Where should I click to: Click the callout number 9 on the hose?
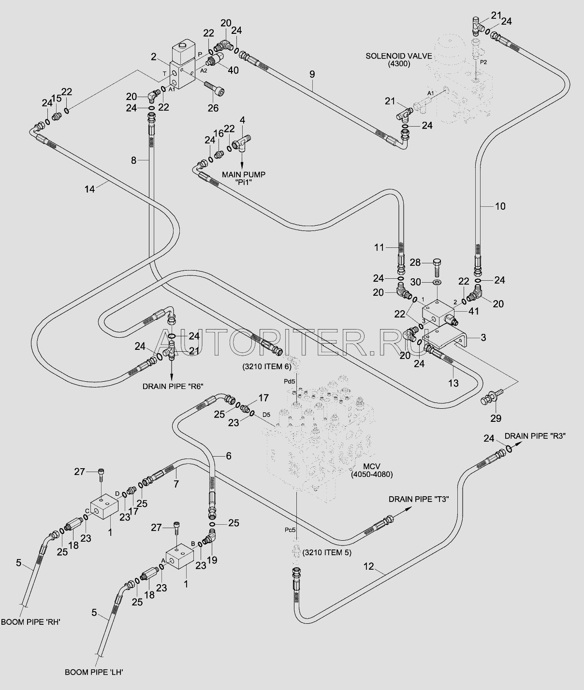click(312, 74)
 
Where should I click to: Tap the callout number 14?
click(89, 189)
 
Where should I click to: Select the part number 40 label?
click(233, 70)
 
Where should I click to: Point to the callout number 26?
click(213, 108)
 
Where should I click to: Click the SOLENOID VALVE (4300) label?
click(399, 60)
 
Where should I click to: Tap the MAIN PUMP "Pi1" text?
click(244, 179)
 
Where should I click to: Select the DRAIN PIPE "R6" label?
click(173, 387)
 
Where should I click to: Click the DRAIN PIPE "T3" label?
click(419, 499)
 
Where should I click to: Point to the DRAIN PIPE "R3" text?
click(535, 436)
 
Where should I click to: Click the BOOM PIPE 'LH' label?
click(94, 672)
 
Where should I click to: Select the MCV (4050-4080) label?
click(371, 470)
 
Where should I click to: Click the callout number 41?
click(473, 311)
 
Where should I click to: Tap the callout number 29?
click(496, 418)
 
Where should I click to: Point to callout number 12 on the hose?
click(369, 566)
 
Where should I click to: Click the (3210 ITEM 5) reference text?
click(327, 552)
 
